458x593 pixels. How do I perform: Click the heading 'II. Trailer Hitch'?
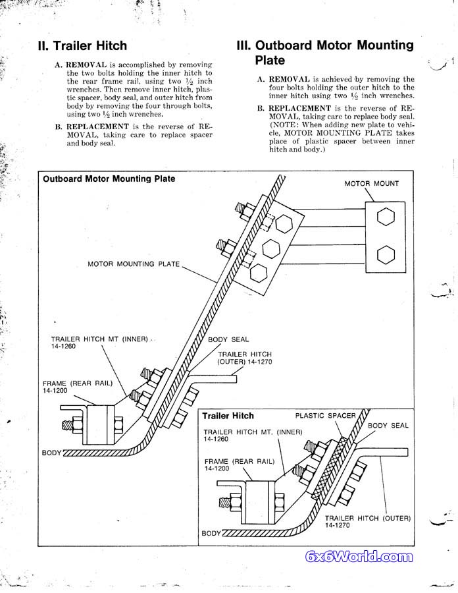pyautogui.click(x=82, y=46)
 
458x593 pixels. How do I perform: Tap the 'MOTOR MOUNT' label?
pyautogui.click(x=371, y=183)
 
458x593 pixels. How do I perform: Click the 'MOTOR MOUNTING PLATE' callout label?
pyautogui.click(x=134, y=264)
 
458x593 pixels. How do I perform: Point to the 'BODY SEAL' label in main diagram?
pyautogui.click(x=228, y=339)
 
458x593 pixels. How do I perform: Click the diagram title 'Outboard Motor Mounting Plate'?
pyautogui.click(x=109, y=179)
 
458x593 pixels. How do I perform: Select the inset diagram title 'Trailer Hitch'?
pyautogui.click(x=228, y=416)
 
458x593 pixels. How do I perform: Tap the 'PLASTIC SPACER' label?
pyautogui.click(x=325, y=416)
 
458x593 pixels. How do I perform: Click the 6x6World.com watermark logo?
pyautogui.click(x=359, y=557)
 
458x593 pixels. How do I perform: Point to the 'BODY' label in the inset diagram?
pyautogui.click(x=211, y=533)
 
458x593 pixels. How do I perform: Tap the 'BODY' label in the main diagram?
pyautogui.click(x=51, y=453)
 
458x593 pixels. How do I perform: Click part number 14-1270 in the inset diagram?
pyautogui.click(x=336, y=526)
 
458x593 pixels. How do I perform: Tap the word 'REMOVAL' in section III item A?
pyautogui.click(x=288, y=79)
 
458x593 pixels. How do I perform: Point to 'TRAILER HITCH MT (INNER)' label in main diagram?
pyautogui.click(x=99, y=339)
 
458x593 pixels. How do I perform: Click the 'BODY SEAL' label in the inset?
pyautogui.click(x=388, y=426)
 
